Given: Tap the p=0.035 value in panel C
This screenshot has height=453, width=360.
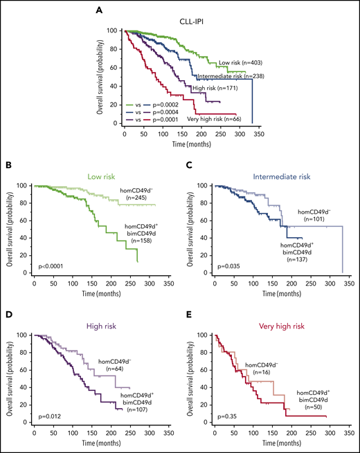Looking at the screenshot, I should pos(227,266).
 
